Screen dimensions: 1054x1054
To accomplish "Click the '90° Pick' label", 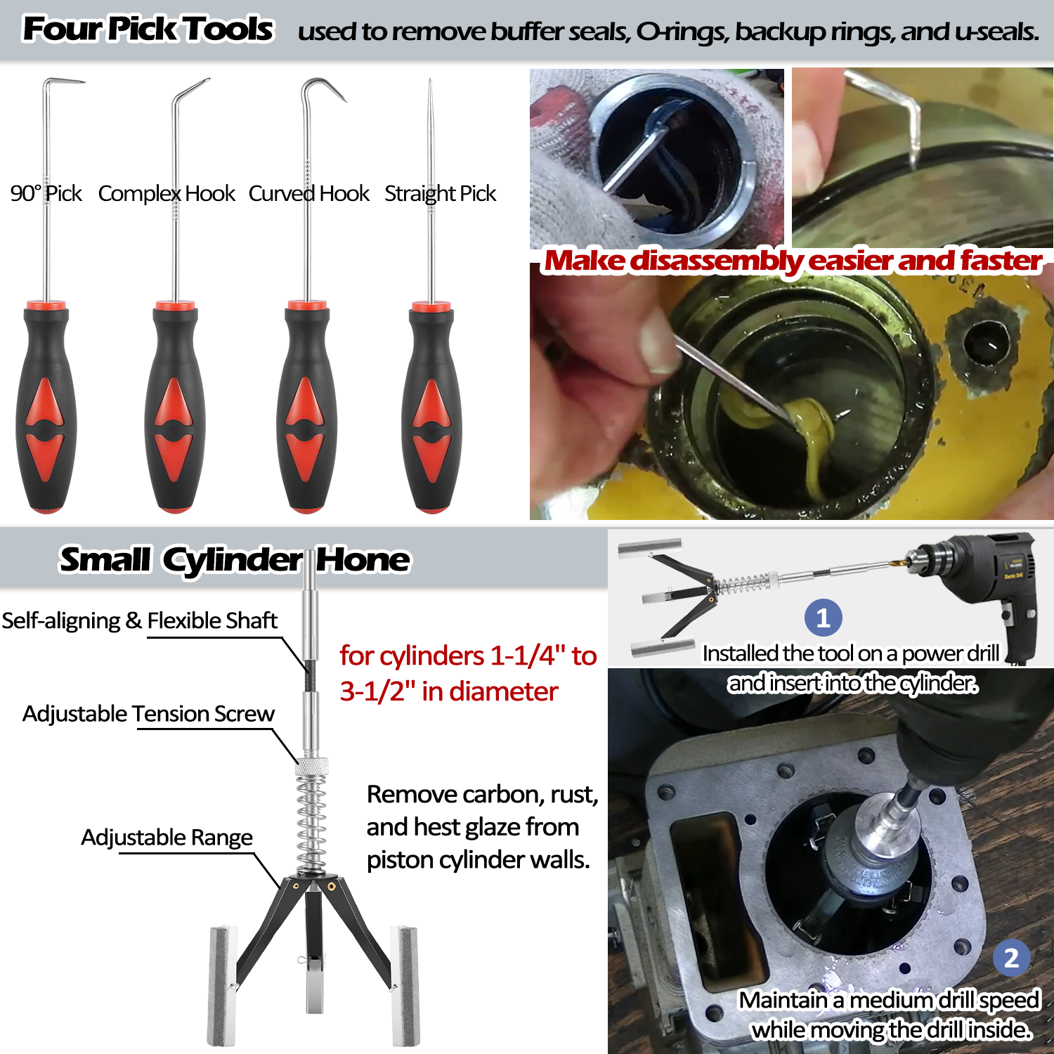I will pyautogui.click(x=46, y=193).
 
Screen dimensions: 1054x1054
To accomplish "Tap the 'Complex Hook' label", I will pyautogui.click(x=167, y=193).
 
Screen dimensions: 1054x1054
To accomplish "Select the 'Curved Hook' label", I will pyautogui.click(x=308, y=193).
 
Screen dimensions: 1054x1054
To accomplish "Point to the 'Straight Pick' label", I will pyautogui.click(x=440, y=193).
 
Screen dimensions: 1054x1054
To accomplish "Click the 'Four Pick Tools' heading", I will pyautogui.click(x=148, y=30).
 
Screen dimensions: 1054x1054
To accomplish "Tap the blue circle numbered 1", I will pyautogui.click(x=823, y=618).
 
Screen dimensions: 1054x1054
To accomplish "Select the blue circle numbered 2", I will pyautogui.click(x=1011, y=958).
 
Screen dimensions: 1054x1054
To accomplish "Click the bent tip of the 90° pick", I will pyautogui.click(x=67, y=82).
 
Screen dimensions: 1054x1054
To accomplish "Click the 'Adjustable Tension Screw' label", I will pyautogui.click(x=148, y=714).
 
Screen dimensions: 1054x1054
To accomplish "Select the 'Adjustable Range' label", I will pyautogui.click(x=167, y=838).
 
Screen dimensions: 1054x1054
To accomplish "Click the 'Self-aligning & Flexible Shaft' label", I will pyautogui.click(x=139, y=620).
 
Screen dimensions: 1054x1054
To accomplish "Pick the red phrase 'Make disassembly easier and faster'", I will pyautogui.click(x=793, y=261).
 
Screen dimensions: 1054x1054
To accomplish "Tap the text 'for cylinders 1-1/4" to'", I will pyautogui.click(x=468, y=656).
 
